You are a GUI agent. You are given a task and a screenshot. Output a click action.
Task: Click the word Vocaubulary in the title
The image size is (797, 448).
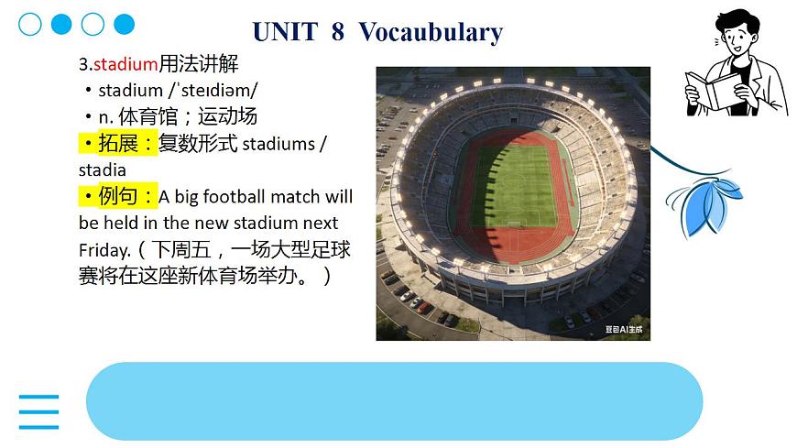pos(431,32)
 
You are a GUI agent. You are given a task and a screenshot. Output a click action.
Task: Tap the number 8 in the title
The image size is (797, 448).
pos(338,32)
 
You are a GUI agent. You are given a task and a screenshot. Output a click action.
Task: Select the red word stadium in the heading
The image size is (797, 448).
pos(126,64)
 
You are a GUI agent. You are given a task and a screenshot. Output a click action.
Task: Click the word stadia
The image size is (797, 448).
pos(103,170)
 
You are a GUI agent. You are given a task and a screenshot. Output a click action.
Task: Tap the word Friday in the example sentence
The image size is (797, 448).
pos(104,249)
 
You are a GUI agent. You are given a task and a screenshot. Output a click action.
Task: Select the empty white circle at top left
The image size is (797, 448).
pos(30,25)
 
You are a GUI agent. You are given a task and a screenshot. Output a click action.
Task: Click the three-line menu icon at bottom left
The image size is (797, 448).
pos(38,412)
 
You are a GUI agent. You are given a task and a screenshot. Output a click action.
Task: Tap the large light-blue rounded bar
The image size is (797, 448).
pos(394,401)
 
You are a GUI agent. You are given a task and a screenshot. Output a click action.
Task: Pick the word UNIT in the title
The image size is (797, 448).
pos(284,32)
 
